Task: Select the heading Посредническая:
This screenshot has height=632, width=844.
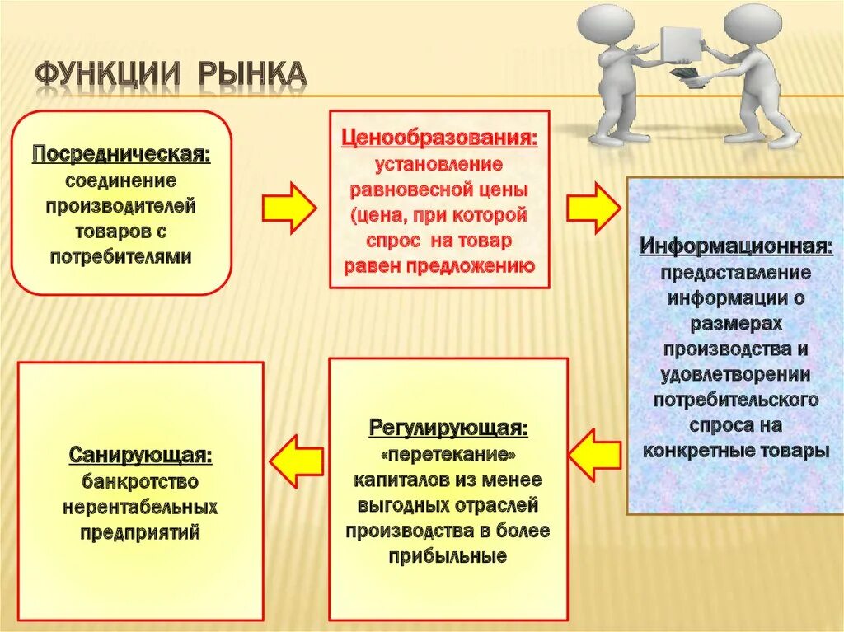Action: (x=121, y=154)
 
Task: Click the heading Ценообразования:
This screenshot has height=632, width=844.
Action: (x=439, y=137)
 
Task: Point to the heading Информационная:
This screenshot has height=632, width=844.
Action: (x=736, y=246)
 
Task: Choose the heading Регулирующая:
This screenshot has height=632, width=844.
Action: (x=448, y=428)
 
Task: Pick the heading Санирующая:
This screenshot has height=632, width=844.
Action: (x=140, y=455)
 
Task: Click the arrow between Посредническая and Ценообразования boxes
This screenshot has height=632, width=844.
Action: (x=288, y=206)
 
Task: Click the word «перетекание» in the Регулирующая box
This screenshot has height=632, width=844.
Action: (x=448, y=454)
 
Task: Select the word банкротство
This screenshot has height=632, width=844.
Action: (x=140, y=480)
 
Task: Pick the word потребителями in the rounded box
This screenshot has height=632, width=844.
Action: (x=121, y=256)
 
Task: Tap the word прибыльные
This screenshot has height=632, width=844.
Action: (x=448, y=556)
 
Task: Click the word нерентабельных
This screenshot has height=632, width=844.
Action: (x=140, y=506)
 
